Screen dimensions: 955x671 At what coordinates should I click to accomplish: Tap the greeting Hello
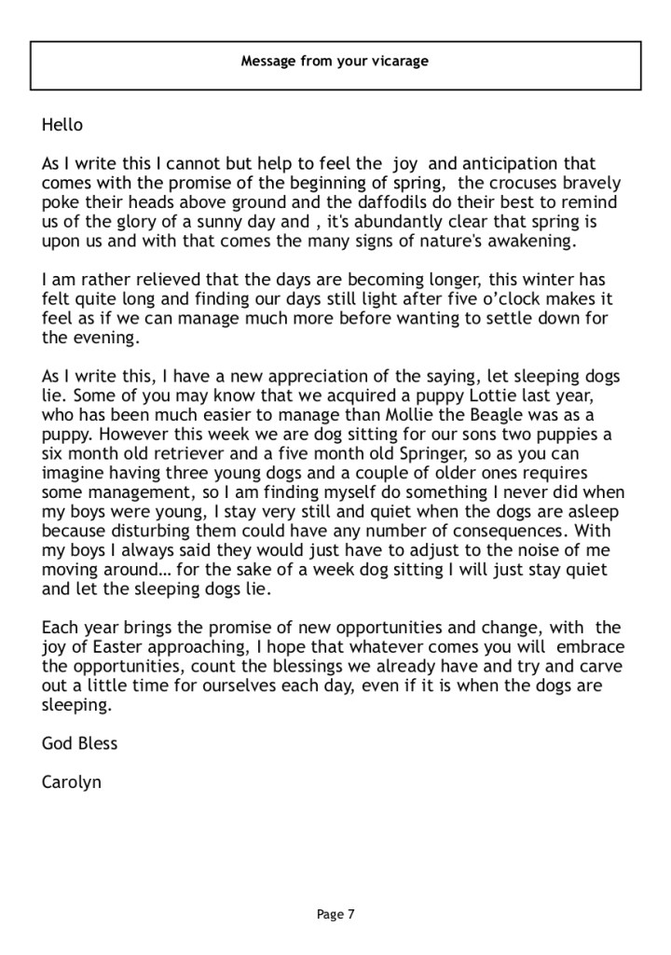coord(62,125)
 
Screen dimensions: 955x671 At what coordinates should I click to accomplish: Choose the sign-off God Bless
coord(80,744)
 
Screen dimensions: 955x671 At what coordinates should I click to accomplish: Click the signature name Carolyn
coord(72,782)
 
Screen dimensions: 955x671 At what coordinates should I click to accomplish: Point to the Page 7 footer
coord(335,915)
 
